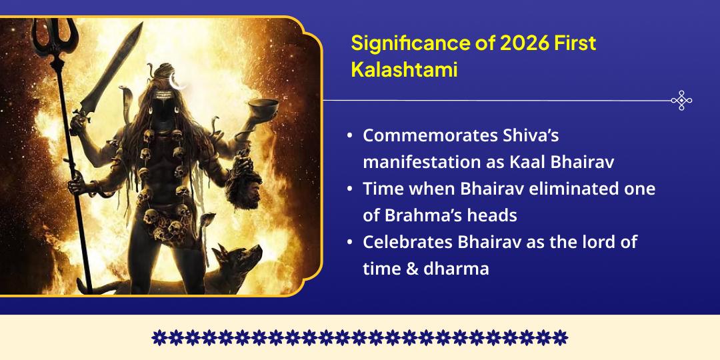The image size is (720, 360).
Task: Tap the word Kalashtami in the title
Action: pos(404,70)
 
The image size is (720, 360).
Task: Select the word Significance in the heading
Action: pos(403,43)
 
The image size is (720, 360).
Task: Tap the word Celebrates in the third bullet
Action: pos(407,242)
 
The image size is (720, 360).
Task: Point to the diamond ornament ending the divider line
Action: pos(681,101)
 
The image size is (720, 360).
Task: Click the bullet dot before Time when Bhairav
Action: pos(350,189)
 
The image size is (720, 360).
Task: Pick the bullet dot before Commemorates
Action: pos(350,136)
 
